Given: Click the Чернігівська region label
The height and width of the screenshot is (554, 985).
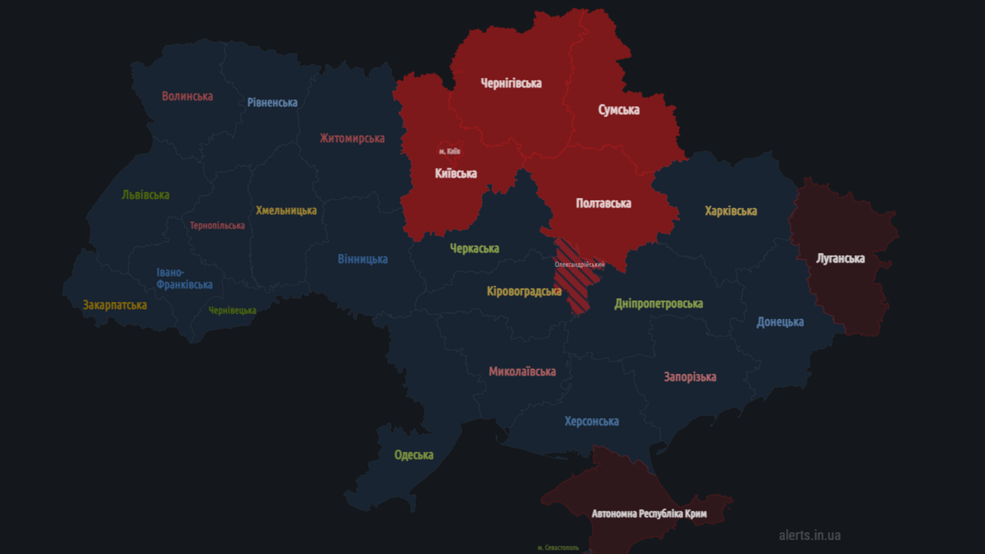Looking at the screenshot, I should point(511,83).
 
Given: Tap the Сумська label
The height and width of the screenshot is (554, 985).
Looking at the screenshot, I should point(618,110).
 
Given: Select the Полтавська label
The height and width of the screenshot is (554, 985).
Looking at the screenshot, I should point(603,203).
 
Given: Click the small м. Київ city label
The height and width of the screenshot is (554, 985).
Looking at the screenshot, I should point(449,151).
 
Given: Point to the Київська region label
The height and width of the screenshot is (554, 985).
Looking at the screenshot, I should point(456,174).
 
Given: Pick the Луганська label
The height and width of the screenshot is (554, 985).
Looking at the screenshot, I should point(840,258).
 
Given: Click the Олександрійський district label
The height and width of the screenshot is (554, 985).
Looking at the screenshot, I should point(579,265).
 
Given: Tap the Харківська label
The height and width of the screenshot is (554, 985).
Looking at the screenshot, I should point(731,211).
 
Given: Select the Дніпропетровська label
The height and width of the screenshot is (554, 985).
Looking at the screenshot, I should point(659,304).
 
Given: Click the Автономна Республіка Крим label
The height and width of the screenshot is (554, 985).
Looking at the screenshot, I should point(649,514).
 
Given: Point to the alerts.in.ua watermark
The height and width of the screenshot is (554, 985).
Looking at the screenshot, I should point(810,535).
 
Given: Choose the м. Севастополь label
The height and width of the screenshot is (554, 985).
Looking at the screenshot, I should point(558,548).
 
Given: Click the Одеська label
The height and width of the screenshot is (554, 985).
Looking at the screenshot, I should point(414,455).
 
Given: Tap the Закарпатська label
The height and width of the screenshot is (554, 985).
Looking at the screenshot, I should point(115,305).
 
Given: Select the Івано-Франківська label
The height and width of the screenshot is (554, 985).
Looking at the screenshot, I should point(184,278).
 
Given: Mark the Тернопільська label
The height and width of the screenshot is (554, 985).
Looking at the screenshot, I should point(217,226).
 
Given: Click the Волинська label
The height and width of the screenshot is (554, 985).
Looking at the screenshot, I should point(187,97).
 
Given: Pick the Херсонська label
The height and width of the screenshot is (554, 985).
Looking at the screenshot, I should point(591,422).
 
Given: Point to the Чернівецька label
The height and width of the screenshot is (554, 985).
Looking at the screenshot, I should point(232,310).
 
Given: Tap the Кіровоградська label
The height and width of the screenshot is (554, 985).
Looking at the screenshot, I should point(524,292).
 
